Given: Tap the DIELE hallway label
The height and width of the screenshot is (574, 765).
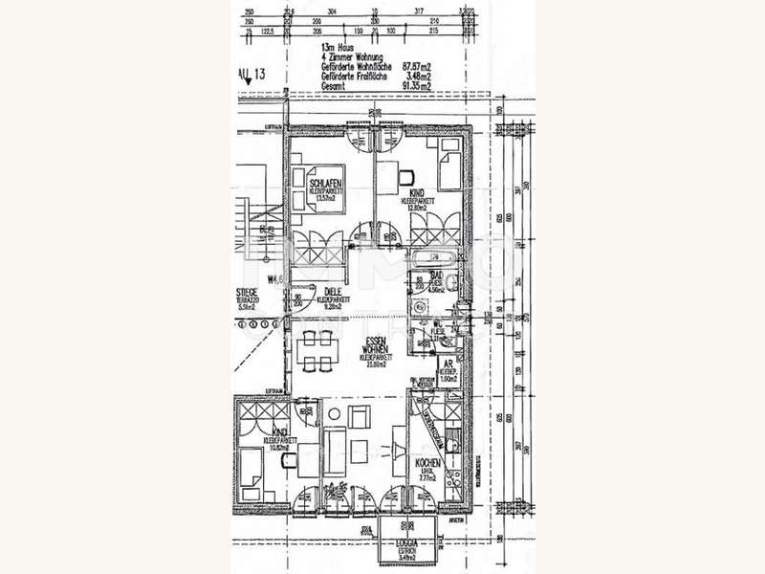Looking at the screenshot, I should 333,292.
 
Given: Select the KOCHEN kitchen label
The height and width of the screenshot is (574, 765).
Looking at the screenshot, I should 426,461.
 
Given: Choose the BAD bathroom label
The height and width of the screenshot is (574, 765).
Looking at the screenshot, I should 423,275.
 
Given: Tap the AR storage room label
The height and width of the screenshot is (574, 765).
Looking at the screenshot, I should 445,364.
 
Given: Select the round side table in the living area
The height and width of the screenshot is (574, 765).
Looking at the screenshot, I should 335,413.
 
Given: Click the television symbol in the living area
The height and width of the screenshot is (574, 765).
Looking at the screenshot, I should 400,451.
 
